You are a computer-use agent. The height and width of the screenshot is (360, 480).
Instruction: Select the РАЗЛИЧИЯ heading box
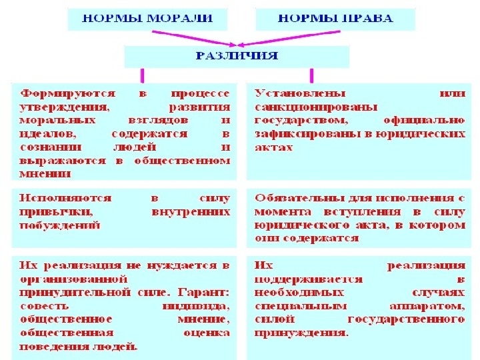tap(237, 56)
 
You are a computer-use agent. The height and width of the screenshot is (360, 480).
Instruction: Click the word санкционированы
tap(315, 107)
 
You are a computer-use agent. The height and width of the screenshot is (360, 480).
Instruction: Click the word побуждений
tap(60, 225)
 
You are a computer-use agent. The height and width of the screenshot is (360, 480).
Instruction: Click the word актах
tap(273, 147)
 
